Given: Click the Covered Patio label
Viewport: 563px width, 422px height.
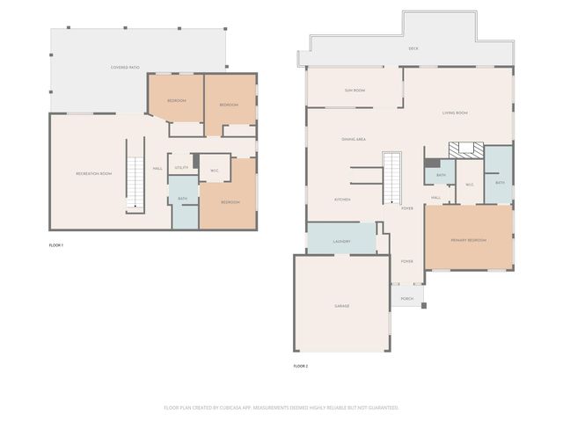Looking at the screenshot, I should pos(126,68).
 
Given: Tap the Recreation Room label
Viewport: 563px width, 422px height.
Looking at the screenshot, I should pos(94,173).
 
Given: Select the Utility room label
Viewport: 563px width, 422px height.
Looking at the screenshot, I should pos(181,167).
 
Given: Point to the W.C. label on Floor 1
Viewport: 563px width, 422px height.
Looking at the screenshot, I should pos(215,170).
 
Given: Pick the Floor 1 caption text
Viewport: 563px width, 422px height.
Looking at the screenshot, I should pos(55,245).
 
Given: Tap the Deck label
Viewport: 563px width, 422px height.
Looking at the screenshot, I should pos(413,48).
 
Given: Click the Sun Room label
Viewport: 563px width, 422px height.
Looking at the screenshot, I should pos(355,91).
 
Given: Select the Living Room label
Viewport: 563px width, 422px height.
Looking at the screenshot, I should pos(455,113).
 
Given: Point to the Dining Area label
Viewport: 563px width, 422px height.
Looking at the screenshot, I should pos(354,140).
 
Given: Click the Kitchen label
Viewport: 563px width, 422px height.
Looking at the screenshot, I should pos(342,200).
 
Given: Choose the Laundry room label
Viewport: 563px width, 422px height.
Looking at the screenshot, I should pos(342,241).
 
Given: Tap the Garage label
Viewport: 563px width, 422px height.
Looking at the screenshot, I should pos(341,305).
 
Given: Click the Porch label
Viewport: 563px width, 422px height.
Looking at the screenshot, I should pos(407,299).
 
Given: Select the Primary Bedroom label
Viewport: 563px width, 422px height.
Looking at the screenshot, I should pos(469,239).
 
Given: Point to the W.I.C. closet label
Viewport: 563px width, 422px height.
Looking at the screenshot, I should pos(470,184).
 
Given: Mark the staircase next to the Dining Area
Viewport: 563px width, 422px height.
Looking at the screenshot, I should pos(392,175).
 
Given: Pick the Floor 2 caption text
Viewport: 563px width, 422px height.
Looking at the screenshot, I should pos(301,366).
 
